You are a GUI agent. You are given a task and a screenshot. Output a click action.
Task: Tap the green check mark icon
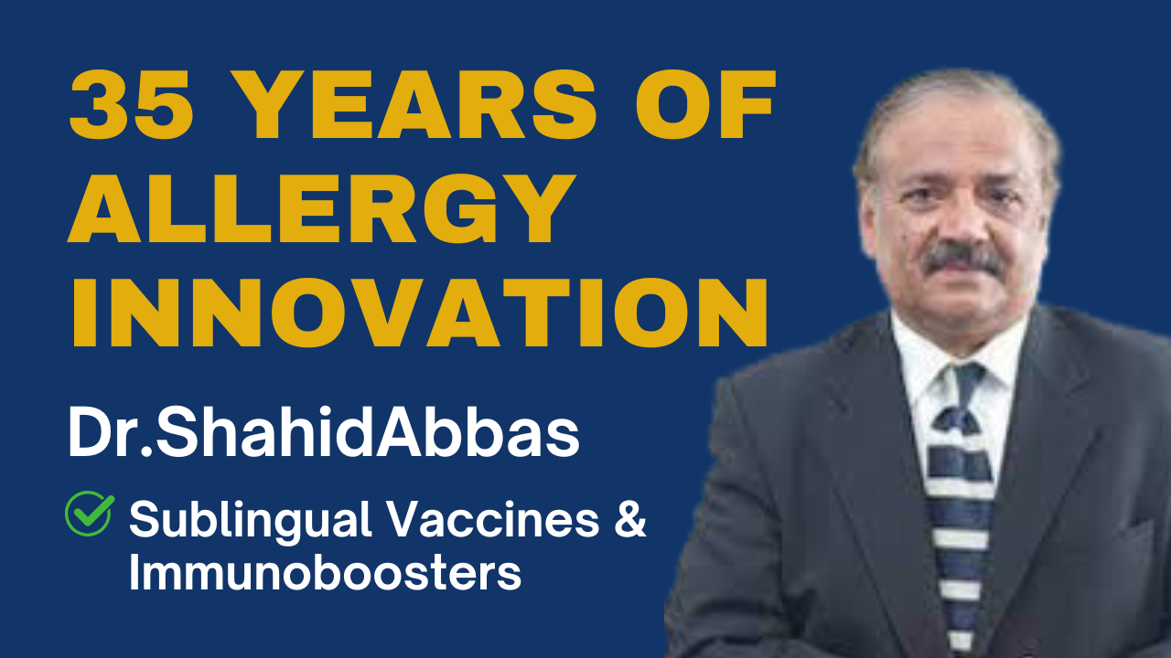pos(90,513)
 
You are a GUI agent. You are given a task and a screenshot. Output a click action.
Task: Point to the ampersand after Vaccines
pos(630,519)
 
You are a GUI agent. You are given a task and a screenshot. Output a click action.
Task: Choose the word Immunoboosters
pos(325,573)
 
